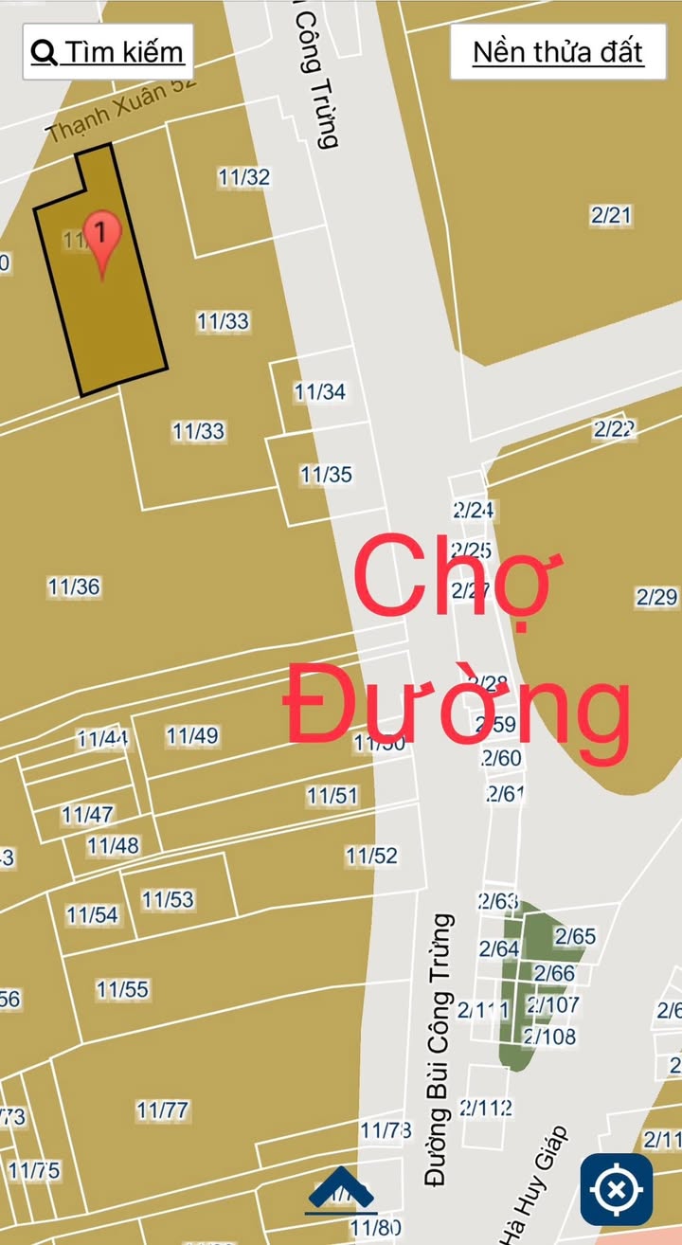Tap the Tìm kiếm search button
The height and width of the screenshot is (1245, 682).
pos(107,51)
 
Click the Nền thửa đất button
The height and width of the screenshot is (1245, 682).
pos(558,51)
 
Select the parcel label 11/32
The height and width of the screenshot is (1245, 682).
pos(243,177)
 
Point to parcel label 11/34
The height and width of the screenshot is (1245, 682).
pos(319,391)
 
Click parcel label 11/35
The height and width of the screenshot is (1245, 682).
pos(326,475)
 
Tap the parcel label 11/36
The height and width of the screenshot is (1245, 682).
pos(74,586)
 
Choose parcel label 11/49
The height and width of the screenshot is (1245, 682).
pos(191,735)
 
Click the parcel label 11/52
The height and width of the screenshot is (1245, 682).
pos(371,856)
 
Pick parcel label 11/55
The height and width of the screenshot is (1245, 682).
pos(122,989)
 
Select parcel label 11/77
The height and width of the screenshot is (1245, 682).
pos(162,1109)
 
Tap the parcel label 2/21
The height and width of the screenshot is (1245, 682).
pos(611,215)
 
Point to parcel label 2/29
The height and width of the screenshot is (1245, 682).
pos(656,597)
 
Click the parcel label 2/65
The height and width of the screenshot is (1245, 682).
pos(575,936)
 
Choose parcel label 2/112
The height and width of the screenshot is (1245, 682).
pos(485,1107)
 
